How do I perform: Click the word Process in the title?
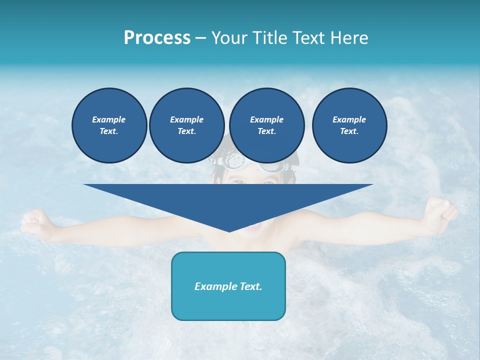tap(157, 38)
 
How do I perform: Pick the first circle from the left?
tap(109, 125)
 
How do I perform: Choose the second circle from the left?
tap(186, 125)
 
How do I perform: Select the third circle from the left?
tap(266, 125)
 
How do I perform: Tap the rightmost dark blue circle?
tap(349, 125)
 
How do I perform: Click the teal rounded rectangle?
tap(228, 286)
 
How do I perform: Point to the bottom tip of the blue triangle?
tap(229, 231)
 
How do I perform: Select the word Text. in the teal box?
tap(250, 286)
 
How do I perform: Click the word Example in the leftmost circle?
tap(109, 119)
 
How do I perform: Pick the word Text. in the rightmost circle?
tap(349, 131)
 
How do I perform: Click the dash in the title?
tap(200, 38)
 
